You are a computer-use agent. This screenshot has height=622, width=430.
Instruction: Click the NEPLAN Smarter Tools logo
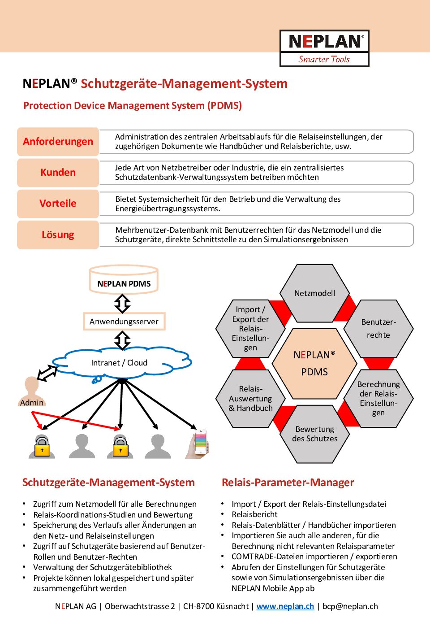[x=324, y=48]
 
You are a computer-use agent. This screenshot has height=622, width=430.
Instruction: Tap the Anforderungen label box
[x=58, y=141]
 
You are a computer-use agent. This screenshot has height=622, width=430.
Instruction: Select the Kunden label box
[x=58, y=173]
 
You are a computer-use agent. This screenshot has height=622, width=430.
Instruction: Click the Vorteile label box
[x=58, y=204]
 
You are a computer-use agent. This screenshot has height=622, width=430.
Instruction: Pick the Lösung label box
[x=58, y=235]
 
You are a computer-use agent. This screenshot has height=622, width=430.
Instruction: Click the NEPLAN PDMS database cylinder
[x=124, y=280]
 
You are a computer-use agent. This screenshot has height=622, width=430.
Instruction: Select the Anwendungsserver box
[x=124, y=322]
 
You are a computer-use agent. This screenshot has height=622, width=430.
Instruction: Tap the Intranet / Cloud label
[x=119, y=363]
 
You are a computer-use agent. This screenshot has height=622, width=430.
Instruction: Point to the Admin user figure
[x=32, y=391]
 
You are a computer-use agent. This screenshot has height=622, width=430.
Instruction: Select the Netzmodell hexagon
[x=314, y=293]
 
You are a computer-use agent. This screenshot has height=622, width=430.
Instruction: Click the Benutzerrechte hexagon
[x=378, y=329]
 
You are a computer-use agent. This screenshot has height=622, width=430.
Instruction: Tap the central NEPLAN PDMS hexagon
[x=314, y=364]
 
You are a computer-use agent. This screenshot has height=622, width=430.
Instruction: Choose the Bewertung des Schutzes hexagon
[x=314, y=434]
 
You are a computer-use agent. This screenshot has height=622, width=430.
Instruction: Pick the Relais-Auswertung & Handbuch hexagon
[x=250, y=399]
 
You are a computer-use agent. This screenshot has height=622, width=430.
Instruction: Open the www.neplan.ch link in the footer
[x=285, y=606]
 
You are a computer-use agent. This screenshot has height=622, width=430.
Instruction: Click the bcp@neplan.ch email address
[x=350, y=606]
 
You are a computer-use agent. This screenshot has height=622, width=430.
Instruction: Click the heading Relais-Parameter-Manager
[x=288, y=483]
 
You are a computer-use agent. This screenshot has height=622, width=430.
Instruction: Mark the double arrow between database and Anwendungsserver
[x=123, y=304]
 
